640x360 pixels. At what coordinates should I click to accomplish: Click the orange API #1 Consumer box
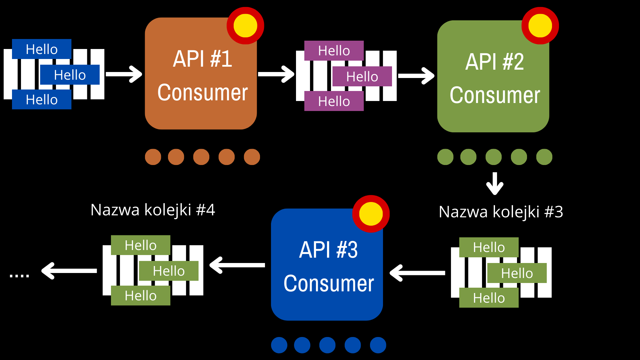point(201,73)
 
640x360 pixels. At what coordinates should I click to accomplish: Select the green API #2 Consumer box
point(493,76)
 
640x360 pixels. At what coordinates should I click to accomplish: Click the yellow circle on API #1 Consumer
point(245,26)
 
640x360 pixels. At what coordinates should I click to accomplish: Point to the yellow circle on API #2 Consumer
point(540,26)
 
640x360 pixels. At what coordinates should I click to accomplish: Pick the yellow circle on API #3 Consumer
point(371,214)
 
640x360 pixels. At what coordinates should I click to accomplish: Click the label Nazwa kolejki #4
point(153,210)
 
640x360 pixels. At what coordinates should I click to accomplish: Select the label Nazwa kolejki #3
point(501,212)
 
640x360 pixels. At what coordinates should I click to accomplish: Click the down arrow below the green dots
point(495,183)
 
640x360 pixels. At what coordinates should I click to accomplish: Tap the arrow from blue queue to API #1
point(124,74)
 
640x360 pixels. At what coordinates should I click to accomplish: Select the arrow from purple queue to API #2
point(416,76)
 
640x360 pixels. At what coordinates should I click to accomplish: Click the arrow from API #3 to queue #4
point(237,265)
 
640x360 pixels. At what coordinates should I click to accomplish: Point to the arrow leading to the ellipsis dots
point(69,271)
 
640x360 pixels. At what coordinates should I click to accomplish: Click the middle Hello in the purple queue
point(362,76)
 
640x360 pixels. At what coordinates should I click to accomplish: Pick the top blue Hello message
point(42,49)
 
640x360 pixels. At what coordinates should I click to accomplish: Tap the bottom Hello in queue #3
point(489,298)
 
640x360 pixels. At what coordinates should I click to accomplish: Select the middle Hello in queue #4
point(169,271)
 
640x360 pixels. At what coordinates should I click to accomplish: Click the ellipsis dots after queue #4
point(19,276)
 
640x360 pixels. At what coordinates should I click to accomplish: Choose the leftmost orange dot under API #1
point(153,157)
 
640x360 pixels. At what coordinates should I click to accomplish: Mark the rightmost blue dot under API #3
point(378,345)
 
